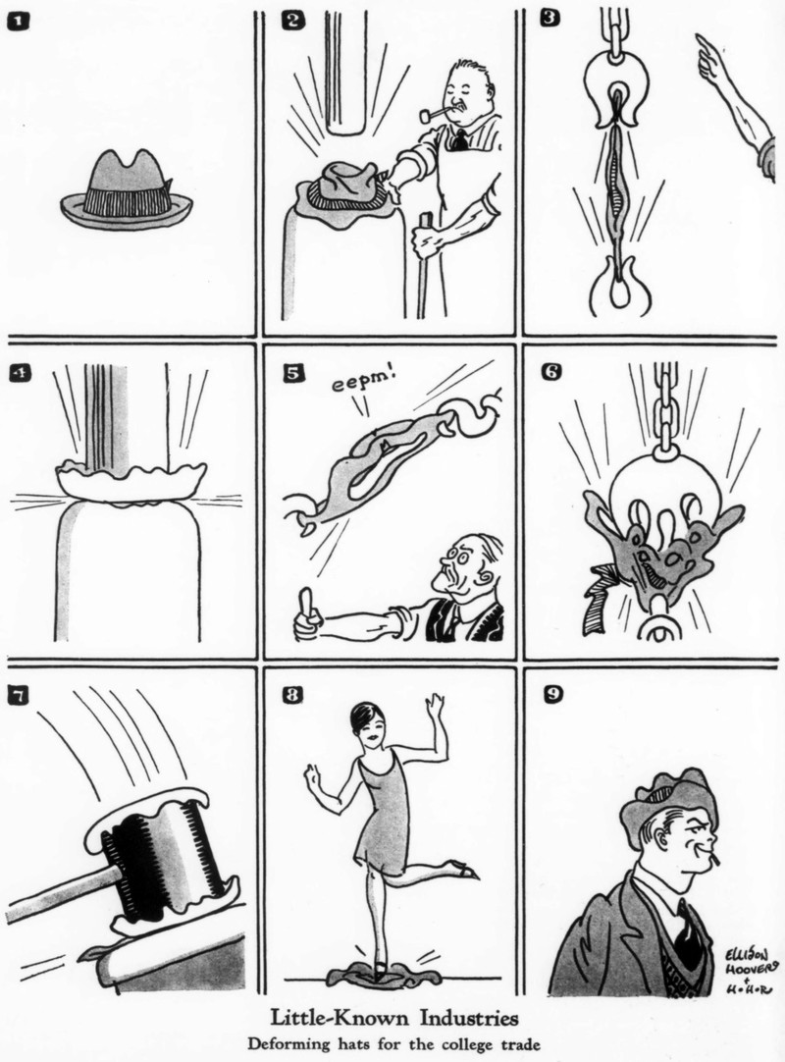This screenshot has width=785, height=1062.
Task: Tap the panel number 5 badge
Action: pos(293,373)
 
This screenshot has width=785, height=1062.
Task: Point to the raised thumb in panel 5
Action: pos(309,602)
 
